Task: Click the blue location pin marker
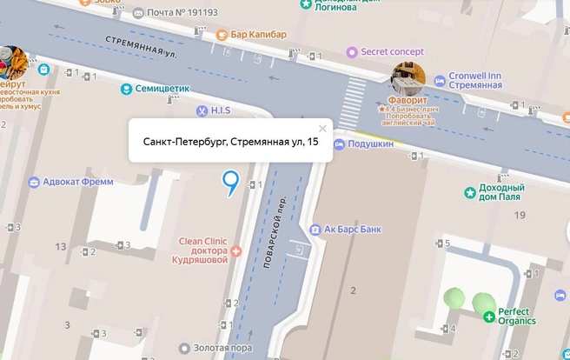pyautogui.click(x=230, y=182)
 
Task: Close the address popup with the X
pyautogui.click(x=322, y=129)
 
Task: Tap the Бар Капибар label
pyautogui.click(x=258, y=35)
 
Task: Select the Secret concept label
pyautogui.click(x=385, y=51)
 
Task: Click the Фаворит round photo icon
pyautogui.click(x=407, y=79)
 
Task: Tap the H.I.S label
pyautogui.click(x=217, y=110)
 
